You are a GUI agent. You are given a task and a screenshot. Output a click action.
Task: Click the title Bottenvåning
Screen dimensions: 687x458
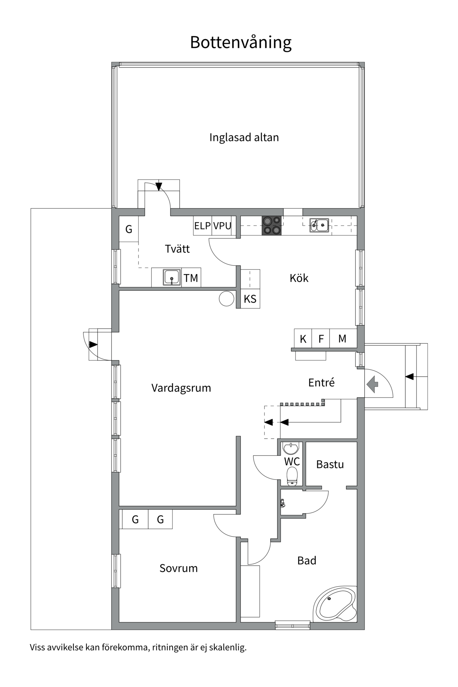point(240,42)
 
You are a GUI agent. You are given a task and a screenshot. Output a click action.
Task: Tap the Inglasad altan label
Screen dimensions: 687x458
point(244,137)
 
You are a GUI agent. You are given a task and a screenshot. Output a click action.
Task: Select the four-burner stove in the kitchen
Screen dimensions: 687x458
point(272,226)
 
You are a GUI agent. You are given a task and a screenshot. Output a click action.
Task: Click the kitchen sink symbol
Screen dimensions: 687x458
point(319,225)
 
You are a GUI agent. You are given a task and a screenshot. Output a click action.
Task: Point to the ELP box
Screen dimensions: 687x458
point(203,226)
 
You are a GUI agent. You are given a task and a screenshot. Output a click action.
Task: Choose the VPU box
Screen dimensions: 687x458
point(222,226)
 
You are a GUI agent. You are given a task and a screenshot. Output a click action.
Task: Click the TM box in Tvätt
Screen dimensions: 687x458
point(191,278)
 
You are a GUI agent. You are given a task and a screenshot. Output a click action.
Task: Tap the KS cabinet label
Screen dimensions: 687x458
point(250,299)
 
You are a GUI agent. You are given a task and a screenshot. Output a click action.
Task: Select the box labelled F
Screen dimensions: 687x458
point(321,338)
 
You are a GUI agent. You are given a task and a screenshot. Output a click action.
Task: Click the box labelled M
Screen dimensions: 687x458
point(342,338)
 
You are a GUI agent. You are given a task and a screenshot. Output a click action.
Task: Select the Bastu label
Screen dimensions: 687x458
point(330,464)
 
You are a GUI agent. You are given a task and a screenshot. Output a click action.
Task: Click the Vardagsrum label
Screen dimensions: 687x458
point(181,388)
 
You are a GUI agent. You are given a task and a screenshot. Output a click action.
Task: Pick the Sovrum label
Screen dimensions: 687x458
point(179,568)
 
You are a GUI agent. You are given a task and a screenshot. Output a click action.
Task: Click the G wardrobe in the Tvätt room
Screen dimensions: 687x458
point(129,229)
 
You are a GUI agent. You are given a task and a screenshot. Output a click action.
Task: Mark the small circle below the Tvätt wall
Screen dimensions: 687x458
point(226,299)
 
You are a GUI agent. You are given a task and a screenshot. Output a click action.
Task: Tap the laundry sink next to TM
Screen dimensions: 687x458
point(172,278)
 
